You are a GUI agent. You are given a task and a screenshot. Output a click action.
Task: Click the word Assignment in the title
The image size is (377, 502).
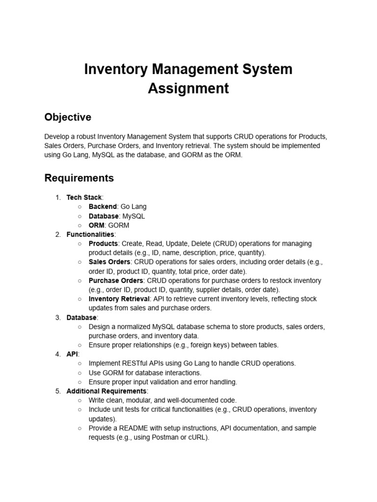188,88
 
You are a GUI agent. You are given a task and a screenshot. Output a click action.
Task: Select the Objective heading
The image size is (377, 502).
68,117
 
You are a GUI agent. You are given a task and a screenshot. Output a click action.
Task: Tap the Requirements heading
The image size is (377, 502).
79,177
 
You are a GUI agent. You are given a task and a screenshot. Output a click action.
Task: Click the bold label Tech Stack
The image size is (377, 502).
84,198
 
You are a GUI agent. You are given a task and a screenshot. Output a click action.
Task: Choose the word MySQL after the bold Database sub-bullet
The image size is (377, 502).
134,216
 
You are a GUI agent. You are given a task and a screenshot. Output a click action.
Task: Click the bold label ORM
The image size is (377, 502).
96,226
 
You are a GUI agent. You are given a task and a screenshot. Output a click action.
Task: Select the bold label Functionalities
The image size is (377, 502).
90,234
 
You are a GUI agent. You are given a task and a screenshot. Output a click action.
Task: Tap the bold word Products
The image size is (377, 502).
103,244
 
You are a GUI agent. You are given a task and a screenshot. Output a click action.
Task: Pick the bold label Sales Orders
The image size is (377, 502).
109,262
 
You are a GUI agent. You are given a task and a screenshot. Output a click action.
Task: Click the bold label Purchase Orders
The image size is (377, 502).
116,280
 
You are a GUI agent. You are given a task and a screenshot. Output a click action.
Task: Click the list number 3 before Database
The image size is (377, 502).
58,318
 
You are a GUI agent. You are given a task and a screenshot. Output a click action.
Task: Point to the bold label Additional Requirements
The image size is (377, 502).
106,391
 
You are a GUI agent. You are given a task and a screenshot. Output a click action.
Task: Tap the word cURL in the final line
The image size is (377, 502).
198,438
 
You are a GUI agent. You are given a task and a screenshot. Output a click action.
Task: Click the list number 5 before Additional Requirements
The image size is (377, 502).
58,391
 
